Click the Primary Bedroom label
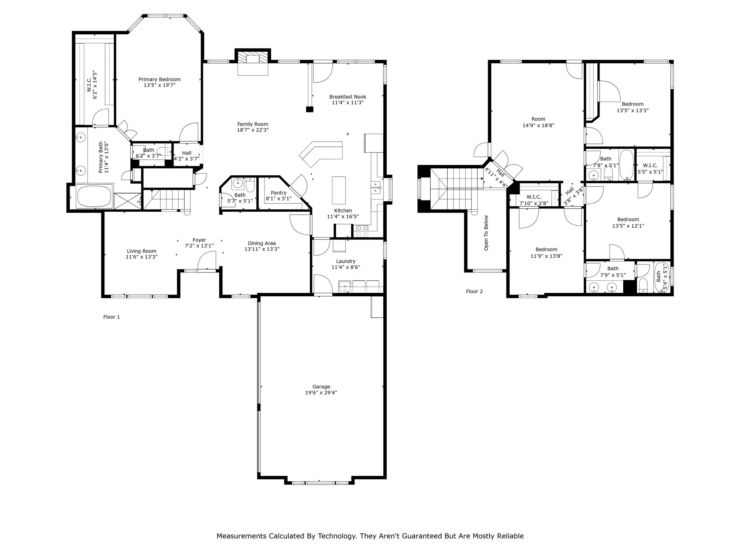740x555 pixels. [159, 79]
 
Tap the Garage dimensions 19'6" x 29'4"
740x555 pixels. [321, 392]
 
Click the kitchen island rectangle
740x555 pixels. [339, 190]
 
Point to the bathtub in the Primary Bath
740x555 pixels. [93, 197]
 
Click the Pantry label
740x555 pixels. [278, 193]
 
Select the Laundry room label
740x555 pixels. [345, 261]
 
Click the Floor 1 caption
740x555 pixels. [111, 317]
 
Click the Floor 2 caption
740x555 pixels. [474, 291]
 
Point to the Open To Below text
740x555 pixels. [486, 233]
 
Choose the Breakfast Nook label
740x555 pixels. [348, 97]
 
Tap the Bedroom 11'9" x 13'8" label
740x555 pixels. [546, 249]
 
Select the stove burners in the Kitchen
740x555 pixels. [362, 231]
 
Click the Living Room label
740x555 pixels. [141, 251]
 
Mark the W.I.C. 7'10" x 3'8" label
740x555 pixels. [534, 197]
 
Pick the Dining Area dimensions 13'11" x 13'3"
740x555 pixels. [262, 249]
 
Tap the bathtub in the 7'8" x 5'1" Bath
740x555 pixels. [626, 165]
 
